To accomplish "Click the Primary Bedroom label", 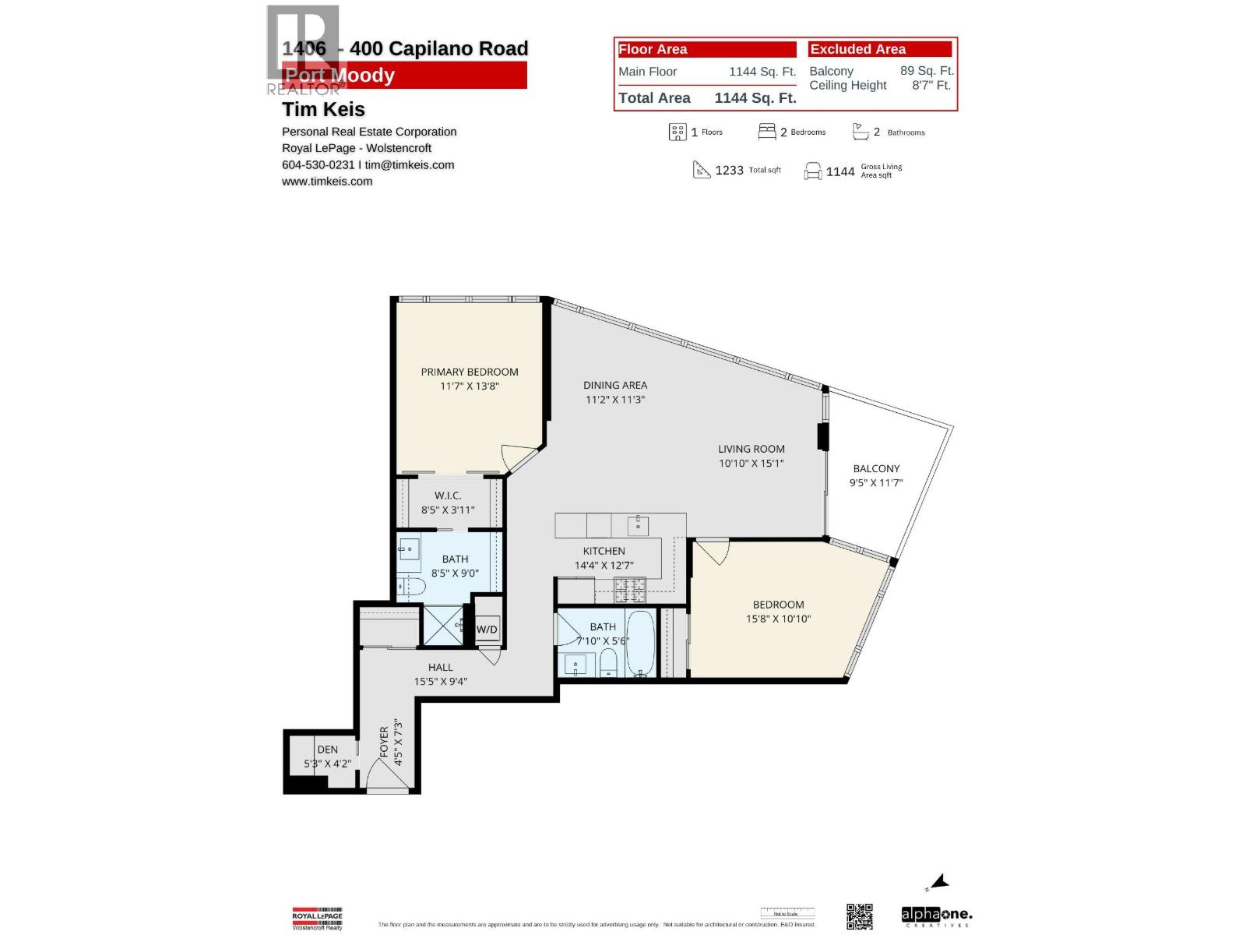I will click(469, 372).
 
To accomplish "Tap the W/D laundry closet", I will click(487, 629).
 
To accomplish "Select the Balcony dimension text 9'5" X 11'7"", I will click(875, 483).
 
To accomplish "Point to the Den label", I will click(327, 750).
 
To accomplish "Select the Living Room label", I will click(751, 449).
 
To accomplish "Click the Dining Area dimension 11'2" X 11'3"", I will click(615, 400).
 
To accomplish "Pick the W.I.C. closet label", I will click(448, 496).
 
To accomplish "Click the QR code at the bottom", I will click(860, 916).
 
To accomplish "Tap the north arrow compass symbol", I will click(939, 882).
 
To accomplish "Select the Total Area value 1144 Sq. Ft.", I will click(755, 98).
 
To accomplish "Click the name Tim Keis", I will click(323, 109).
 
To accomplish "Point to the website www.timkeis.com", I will click(327, 182).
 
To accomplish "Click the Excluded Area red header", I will click(879, 49).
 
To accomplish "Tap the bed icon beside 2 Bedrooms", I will click(766, 132).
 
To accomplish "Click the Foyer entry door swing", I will click(382, 776).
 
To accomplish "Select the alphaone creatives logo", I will click(936, 916).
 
